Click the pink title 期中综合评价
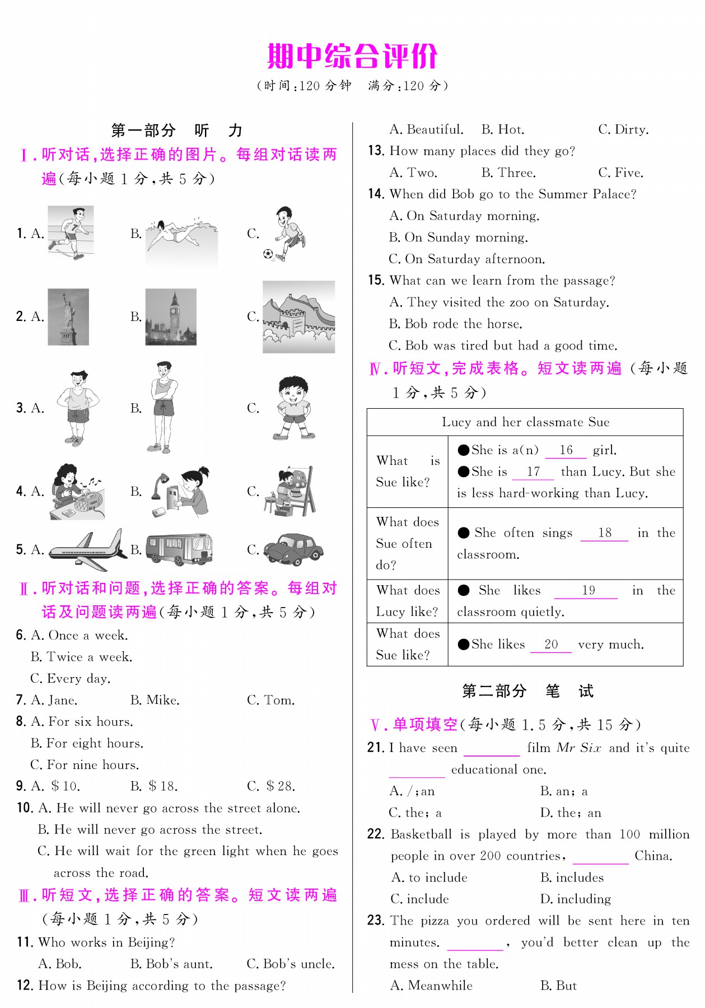pos(352,56)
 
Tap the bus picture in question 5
pos(179,549)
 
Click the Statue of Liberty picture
pos(68,317)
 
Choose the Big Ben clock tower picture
pos(171,317)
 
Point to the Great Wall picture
pos(298,318)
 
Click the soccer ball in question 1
pos(268,254)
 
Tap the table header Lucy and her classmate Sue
pos(525,422)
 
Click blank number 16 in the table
pos(566,451)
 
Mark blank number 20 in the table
pos(551,645)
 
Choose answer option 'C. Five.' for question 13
pos(620,173)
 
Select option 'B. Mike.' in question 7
pos(155,701)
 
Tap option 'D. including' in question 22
pos(575,899)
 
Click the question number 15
pos(376,281)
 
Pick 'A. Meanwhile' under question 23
pos(431,986)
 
